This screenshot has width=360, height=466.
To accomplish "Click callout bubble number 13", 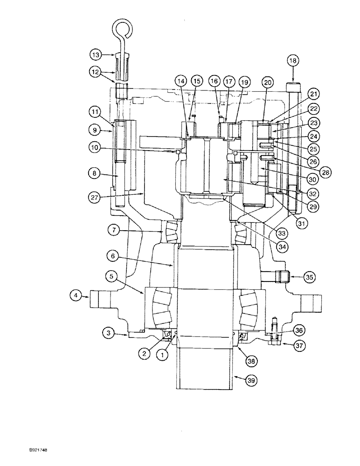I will tap(96, 55).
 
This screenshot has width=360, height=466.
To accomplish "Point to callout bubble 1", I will tap(163, 355).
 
